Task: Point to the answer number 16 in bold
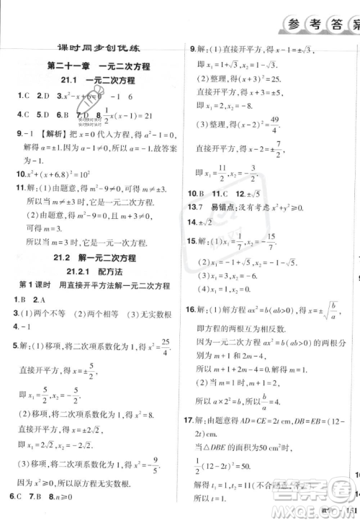192,310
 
